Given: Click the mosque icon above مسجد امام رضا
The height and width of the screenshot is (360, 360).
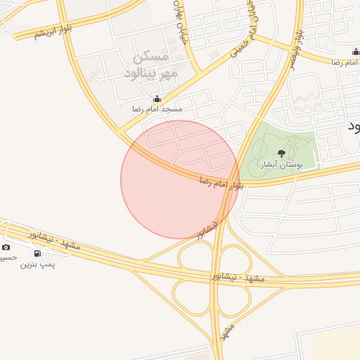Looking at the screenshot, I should (x=157, y=99).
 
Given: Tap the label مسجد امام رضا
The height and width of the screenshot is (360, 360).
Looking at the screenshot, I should (x=157, y=110).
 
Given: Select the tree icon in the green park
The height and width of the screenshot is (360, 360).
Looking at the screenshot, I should (x=282, y=153).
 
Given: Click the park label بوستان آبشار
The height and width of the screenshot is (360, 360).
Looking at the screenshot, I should (x=281, y=165).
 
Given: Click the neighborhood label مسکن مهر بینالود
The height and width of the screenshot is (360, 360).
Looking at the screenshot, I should (x=153, y=65).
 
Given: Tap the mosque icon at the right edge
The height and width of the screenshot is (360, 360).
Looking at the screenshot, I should (x=356, y=52).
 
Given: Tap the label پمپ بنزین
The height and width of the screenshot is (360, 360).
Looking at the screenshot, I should (x=37, y=264).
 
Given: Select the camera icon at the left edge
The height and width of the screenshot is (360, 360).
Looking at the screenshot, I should (x=6, y=247).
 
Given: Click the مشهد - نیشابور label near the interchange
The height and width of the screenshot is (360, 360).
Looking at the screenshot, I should (x=238, y=278).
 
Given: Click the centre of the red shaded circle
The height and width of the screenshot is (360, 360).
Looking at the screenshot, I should (x=180, y=179).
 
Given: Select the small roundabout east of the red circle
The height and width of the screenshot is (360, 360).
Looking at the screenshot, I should (x=239, y=214).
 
